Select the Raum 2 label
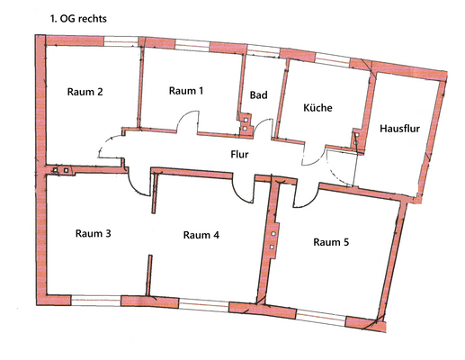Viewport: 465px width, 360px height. (85, 92)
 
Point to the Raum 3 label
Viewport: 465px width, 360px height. (94, 234)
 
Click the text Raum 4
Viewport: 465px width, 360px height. (201, 235)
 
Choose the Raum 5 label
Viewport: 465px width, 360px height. (331, 241)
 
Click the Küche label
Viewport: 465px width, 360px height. (317, 108)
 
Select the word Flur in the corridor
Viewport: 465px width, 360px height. (238, 154)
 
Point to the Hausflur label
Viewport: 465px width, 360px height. (398, 129)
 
